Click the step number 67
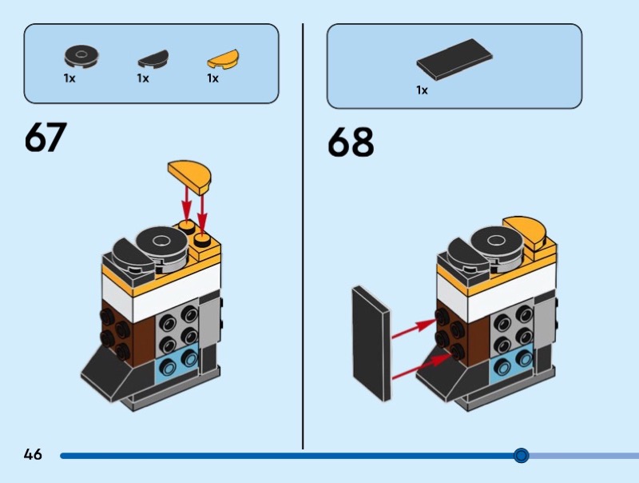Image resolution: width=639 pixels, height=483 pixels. pyautogui.click(x=46, y=138)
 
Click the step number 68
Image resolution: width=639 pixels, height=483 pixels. pyautogui.click(x=351, y=142)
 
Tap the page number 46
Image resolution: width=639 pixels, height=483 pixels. pyautogui.click(x=33, y=455)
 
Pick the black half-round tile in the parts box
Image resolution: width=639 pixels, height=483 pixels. pyautogui.click(x=153, y=59)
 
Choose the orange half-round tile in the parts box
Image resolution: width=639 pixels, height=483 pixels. pyautogui.click(x=223, y=58)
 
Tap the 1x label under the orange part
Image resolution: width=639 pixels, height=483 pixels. pyautogui.click(x=213, y=78)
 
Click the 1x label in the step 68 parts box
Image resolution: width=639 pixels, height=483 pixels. pyautogui.click(x=422, y=90)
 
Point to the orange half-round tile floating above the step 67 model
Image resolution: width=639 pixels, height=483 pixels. pyautogui.click(x=189, y=174)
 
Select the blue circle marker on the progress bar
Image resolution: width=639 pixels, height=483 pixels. pyautogui.click(x=521, y=456)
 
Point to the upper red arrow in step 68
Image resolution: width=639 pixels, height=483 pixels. pyautogui.click(x=415, y=327)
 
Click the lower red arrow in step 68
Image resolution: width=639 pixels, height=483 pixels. pyautogui.click(x=418, y=364)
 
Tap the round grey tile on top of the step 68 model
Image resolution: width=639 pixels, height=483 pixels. pyautogui.click(x=497, y=241)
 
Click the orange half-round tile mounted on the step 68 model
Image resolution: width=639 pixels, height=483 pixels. pyautogui.click(x=528, y=233)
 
